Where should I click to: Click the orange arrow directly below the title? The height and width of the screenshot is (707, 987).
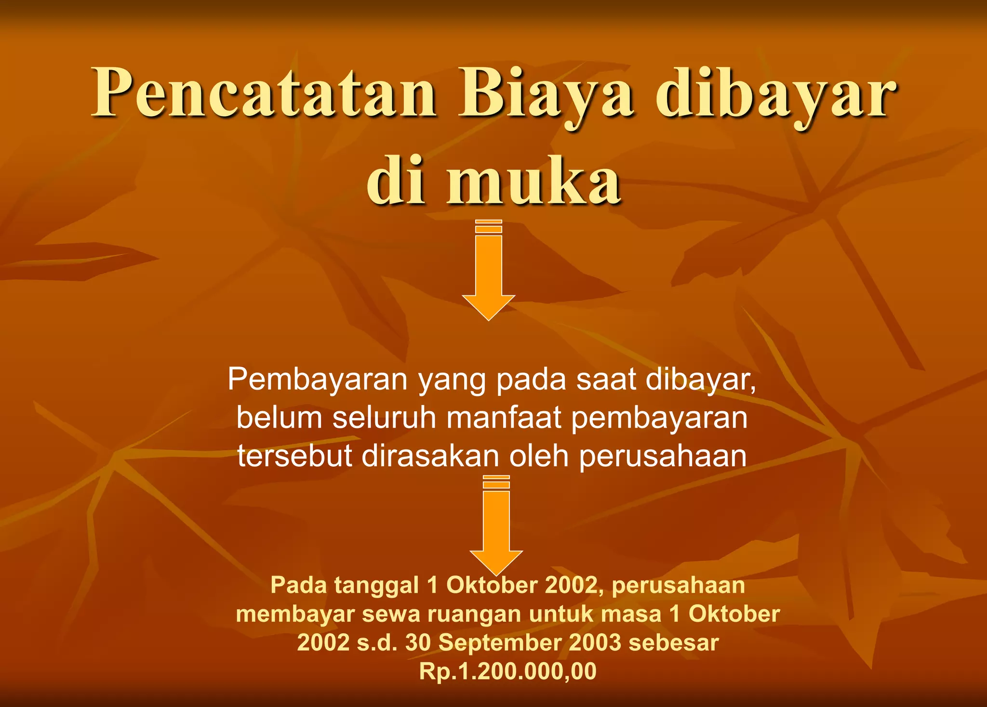click(489, 272)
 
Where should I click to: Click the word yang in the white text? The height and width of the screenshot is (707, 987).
click(452, 380)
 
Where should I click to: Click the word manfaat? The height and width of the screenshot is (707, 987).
click(504, 418)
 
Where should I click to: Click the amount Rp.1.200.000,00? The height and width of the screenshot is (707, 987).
click(507, 671)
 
